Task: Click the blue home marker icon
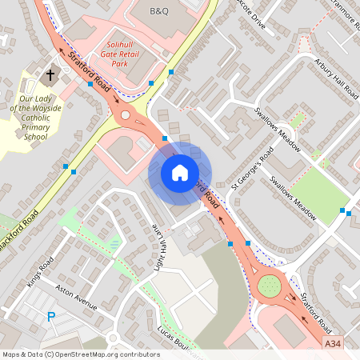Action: (180, 173)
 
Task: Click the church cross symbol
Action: (50, 76)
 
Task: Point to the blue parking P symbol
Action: (51, 318)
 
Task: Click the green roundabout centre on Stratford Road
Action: (270, 284)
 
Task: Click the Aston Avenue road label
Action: (76, 296)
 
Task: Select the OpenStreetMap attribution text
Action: (80, 354)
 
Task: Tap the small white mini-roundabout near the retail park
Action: (125, 115)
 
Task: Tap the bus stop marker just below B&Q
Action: (170, 73)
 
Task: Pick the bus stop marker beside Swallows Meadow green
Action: (344, 211)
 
